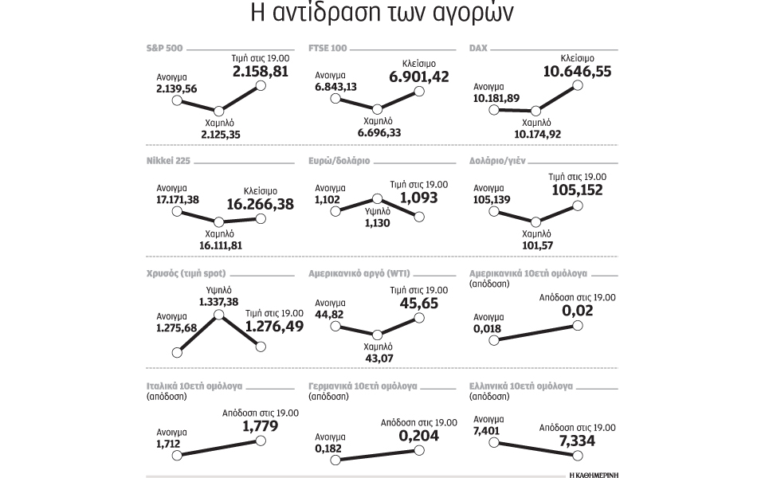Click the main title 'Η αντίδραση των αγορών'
tap(382, 15)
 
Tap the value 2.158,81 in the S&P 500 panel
tap(261, 72)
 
